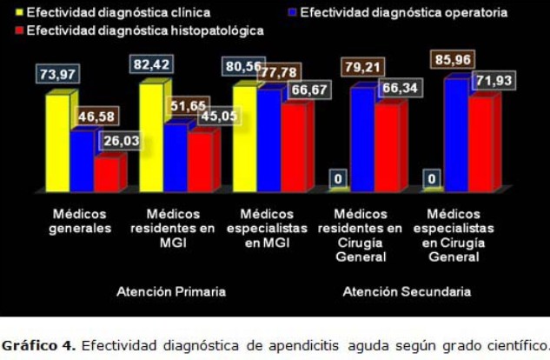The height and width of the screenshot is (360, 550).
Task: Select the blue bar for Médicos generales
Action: pyautogui.click(x=83, y=160)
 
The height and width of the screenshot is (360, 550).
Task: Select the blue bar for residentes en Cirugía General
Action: pyautogui.click(x=362, y=138)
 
